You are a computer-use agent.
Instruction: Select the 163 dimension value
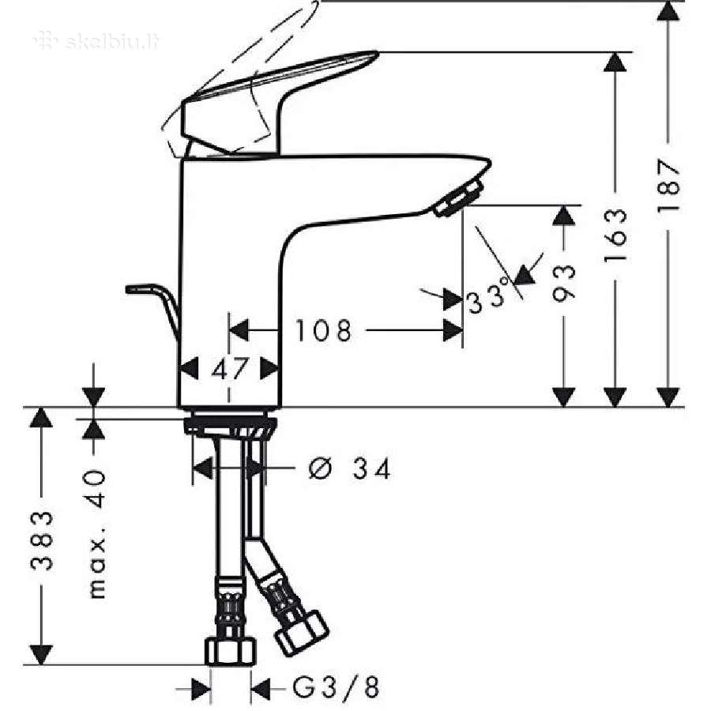click(x=615, y=235)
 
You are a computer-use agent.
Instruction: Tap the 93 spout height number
click(x=563, y=284)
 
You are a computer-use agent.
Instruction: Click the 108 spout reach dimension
click(x=323, y=330)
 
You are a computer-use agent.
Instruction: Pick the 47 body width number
click(x=230, y=369)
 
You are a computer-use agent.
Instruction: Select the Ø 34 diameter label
click(x=349, y=468)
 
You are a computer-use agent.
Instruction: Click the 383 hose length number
click(x=42, y=540)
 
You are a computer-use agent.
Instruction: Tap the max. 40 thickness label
click(x=96, y=534)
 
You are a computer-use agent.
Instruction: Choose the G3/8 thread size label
click(x=336, y=687)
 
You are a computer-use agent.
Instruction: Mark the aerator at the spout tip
click(x=457, y=198)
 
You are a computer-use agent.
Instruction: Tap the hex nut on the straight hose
click(x=231, y=650)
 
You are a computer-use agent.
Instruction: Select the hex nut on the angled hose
click(x=302, y=633)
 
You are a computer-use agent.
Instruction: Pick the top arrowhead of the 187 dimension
click(x=668, y=11)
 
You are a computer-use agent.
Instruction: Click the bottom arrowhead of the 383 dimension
click(x=41, y=654)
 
